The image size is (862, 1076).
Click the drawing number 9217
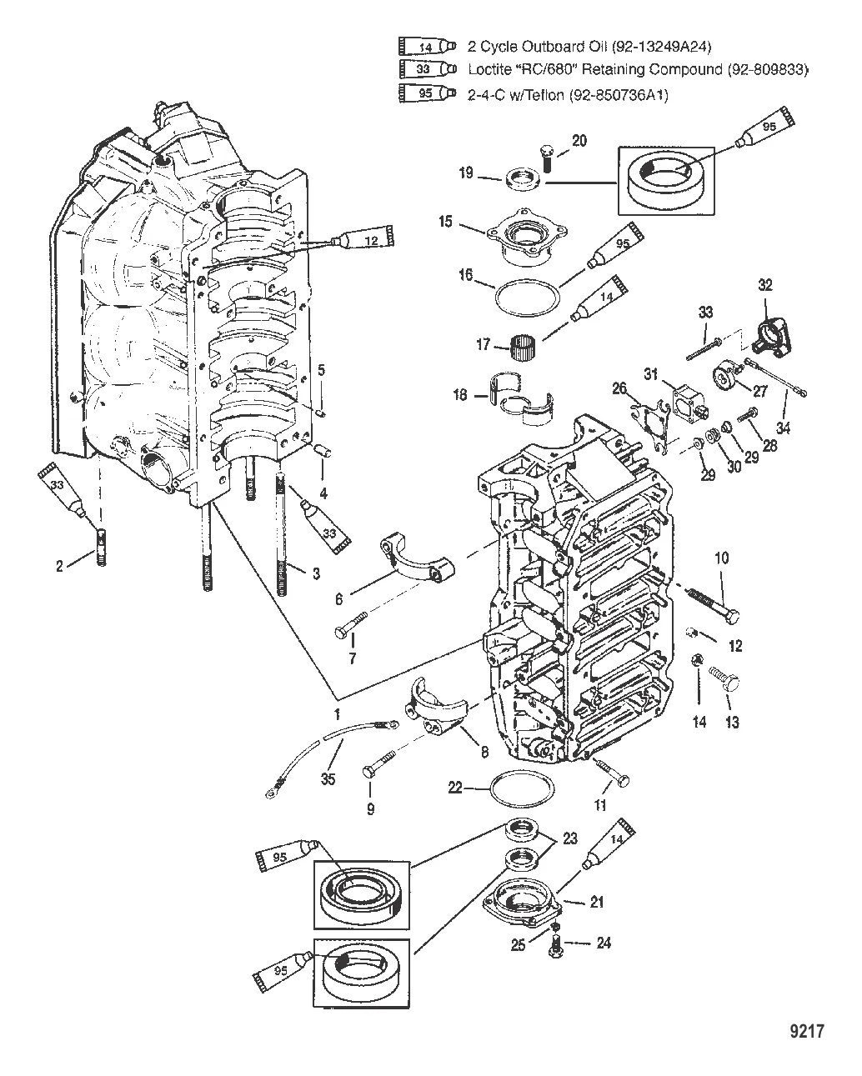click(805, 1032)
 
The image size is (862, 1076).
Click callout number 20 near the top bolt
click(579, 141)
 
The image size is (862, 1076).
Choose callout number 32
click(765, 285)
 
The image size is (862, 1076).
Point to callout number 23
click(569, 839)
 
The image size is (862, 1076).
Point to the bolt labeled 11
click(613, 772)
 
